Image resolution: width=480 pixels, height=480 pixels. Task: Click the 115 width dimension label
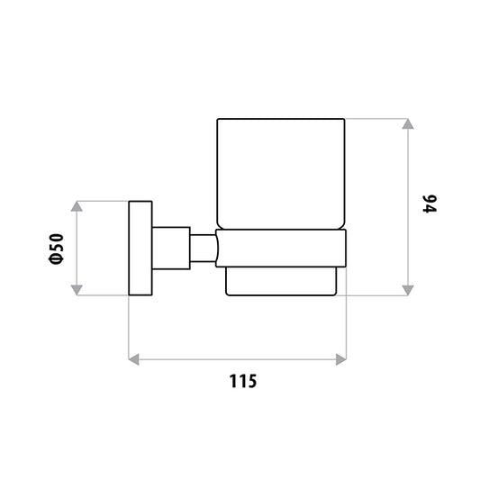(243, 381)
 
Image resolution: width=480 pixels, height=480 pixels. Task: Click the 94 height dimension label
(430, 204)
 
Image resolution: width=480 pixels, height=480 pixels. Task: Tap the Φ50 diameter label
(57, 249)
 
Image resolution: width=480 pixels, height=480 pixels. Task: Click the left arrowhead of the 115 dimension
(134, 359)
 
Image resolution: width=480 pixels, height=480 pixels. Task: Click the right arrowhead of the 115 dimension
(341, 359)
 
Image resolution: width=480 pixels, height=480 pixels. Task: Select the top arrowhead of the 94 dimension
(408, 123)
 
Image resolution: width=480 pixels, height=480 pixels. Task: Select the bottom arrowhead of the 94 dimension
(408, 290)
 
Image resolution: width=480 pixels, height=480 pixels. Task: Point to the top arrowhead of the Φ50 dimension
(77, 206)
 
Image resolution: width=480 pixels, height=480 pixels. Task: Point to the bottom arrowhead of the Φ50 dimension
(77, 290)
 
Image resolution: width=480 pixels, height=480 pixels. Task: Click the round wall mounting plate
(140, 249)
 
